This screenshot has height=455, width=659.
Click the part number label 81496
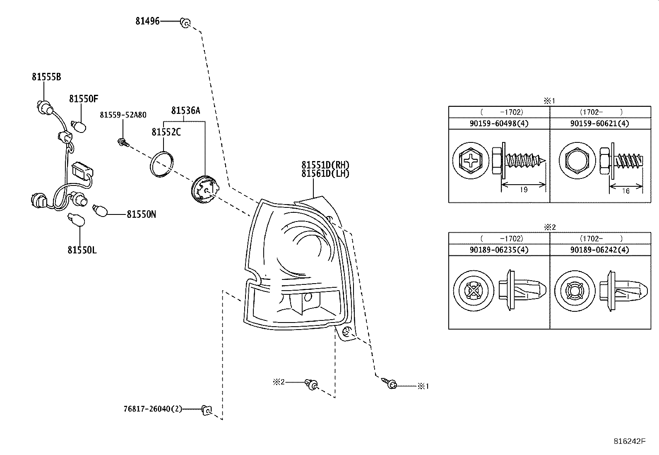[147, 21]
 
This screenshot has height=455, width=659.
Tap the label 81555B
[46, 77]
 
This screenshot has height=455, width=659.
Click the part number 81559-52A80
[123, 115]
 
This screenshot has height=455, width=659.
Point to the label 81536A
[185, 110]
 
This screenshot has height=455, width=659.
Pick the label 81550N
[141, 214]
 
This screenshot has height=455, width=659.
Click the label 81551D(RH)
[325, 165]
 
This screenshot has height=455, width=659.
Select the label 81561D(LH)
[325, 173]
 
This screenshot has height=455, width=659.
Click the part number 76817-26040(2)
[152, 409]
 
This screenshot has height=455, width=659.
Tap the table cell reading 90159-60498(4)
[499, 123]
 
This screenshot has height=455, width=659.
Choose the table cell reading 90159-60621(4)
[599, 123]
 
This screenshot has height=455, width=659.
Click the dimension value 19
[523, 190]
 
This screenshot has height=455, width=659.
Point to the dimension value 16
[625, 191]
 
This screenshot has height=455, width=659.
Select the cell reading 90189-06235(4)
[499, 250]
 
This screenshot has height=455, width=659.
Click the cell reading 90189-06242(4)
[599, 250]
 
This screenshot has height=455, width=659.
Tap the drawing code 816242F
[629, 441]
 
